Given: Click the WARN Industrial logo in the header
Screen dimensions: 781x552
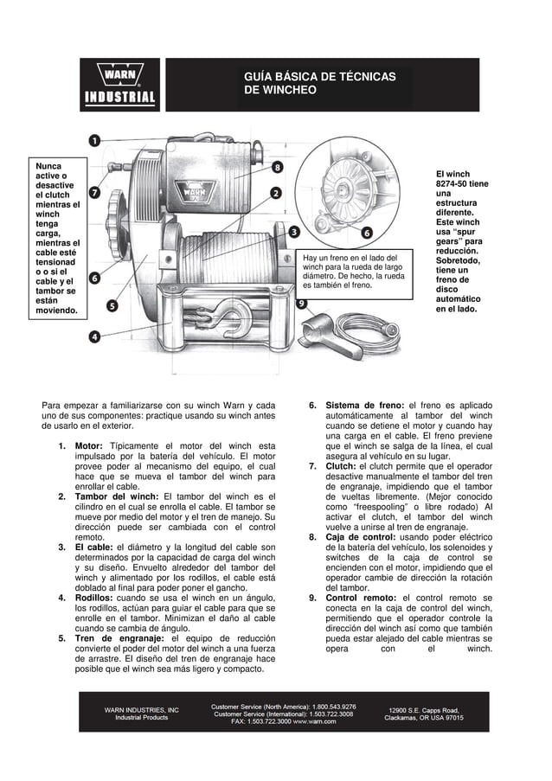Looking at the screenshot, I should pos(119,85).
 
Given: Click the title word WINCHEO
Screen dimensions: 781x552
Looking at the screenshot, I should pos(280,91).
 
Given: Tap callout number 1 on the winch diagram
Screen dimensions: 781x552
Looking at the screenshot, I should pos(94,140).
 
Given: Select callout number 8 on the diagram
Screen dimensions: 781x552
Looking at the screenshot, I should pos(277,167).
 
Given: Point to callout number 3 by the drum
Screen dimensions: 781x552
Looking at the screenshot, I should pos(295,232).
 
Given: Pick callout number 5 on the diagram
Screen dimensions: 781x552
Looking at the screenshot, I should pos(112,305).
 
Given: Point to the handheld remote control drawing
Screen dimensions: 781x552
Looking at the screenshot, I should pos(322,333).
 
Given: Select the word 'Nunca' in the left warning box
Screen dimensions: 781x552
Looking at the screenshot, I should pos(47,164).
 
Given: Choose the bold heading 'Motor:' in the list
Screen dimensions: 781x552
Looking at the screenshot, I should pos(90,446).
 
